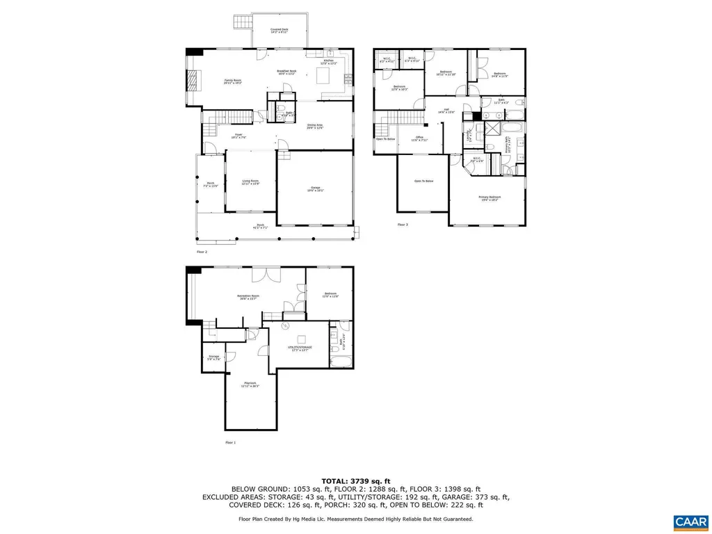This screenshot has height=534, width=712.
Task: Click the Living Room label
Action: point(250,182)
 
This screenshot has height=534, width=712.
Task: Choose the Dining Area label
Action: point(315,127)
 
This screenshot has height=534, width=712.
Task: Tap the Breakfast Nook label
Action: point(287,72)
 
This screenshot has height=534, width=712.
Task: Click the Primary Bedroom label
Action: point(489,198)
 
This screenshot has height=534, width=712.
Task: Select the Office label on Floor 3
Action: point(419,138)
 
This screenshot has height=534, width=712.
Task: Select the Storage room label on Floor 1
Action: point(213,357)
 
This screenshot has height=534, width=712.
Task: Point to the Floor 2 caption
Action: point(202,251)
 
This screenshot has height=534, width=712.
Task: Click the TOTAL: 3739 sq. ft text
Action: point(355,481)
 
